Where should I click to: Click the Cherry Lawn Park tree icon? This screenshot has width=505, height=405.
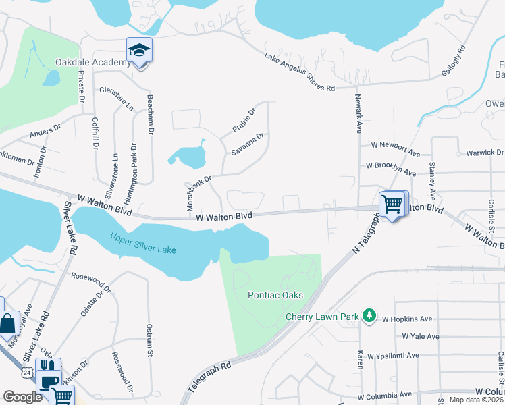(x=369, y=315)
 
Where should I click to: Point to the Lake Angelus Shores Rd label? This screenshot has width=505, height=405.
(x=300, y=73)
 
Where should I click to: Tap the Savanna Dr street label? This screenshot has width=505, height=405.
(x=248, y=144)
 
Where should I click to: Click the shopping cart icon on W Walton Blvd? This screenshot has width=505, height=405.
(x=392, y=204)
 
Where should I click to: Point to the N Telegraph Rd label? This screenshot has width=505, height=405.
(x=365, y=232)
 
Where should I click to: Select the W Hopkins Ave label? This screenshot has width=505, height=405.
(x=407, y=319)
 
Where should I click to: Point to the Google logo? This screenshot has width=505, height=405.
(x=22, y=397)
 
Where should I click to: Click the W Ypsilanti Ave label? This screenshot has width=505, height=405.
(x=410, y=356)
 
